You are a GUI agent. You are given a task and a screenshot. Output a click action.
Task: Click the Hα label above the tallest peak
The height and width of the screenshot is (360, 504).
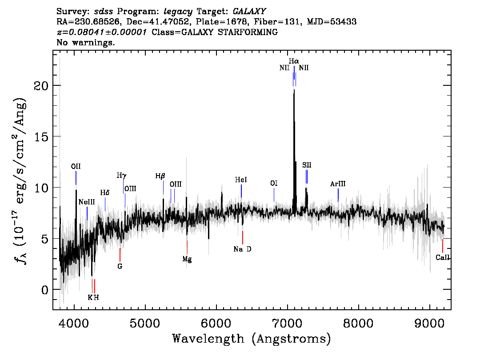pyautogui.click(x=293, y=61)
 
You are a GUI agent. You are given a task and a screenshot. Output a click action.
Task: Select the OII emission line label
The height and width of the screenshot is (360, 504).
pyautogui.click(x=76, y=166)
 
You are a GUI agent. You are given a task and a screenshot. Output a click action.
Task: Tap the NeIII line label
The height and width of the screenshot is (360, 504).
pyautogui.click(x=87, y=202)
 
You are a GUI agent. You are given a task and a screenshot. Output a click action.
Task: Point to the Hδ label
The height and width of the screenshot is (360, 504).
pyautogui.click(x=105, y=193)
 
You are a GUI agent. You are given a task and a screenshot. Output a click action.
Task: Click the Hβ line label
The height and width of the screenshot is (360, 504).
pyautogui.click(x=160, y=176)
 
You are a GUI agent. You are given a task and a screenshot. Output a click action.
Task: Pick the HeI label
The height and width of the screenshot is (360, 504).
pyautogui.click(x=241, y=180)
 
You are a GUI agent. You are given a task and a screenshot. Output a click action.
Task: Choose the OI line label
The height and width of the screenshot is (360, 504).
pyautogui.click(x=274, y=183)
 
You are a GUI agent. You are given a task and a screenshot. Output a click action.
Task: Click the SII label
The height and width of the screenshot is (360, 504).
pyautogui.click(x=307, y=165)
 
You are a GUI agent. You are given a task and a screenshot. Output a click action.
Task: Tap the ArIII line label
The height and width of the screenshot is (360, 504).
pyautogui.click(x=338, y=184)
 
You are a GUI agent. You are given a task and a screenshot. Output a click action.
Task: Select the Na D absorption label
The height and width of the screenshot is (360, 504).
pyautogui.click(x=242, y=249)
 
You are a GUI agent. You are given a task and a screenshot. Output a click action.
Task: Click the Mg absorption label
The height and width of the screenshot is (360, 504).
pyautogui.click(x=187, y=259)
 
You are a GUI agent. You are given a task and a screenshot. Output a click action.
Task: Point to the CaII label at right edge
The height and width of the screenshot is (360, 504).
pyautogui.click(x=443, y=257)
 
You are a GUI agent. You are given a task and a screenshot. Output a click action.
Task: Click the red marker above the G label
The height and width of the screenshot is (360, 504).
pyautogui.click(x=120, y=255)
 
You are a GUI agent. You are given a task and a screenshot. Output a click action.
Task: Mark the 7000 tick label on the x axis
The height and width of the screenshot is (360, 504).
pyautogui.click(x=287, y=321)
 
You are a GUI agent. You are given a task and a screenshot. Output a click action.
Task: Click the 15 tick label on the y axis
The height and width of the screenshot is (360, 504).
pyautogui.click(x=41, y=136)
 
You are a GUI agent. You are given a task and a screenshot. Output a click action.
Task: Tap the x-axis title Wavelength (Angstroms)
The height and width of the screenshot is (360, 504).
pyautogui.click(x=252, y=339)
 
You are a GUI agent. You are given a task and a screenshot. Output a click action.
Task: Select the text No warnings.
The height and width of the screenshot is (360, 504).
pyautogui.click(x=86, y=43)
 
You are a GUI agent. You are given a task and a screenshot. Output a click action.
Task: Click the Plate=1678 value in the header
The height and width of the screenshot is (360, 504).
pyautogui.click(x=212, y=21)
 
